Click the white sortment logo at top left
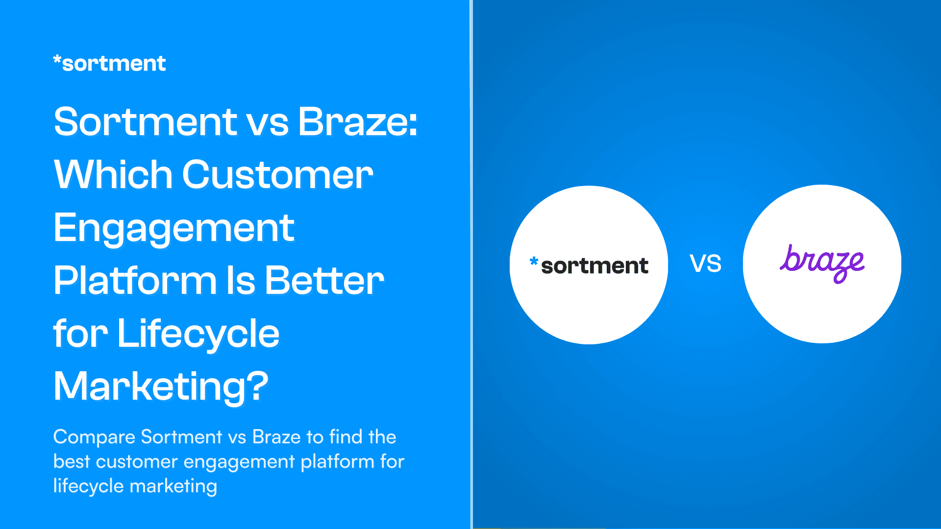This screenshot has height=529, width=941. pyautogui.click(x=109, y=64)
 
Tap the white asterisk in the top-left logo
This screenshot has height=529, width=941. pyautogui.click(x=57, y=60)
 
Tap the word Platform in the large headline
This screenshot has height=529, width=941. pyautogui.click(x=135, y=281)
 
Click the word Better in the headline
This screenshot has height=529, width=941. pyautogui.click(x=324, y=281)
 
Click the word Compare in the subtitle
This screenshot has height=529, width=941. pyautogui.click(x=94, y=437)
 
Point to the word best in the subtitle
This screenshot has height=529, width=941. pyautogui.click(x=72, y=461)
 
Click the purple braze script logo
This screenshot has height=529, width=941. pyautogui.click(x=822, y=264)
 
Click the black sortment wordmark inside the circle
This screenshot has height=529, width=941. pyautogui.click(x=594, y=266)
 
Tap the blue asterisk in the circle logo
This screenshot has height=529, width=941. pyautogui.click(x=534, y=262)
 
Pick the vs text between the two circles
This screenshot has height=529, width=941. pyautogui.click(x=706, y=264)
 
